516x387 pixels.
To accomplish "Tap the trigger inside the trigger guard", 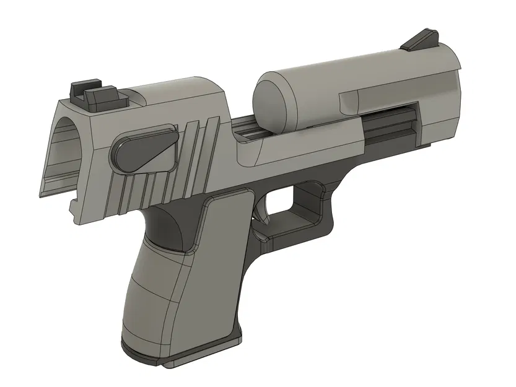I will tap(261, 211).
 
